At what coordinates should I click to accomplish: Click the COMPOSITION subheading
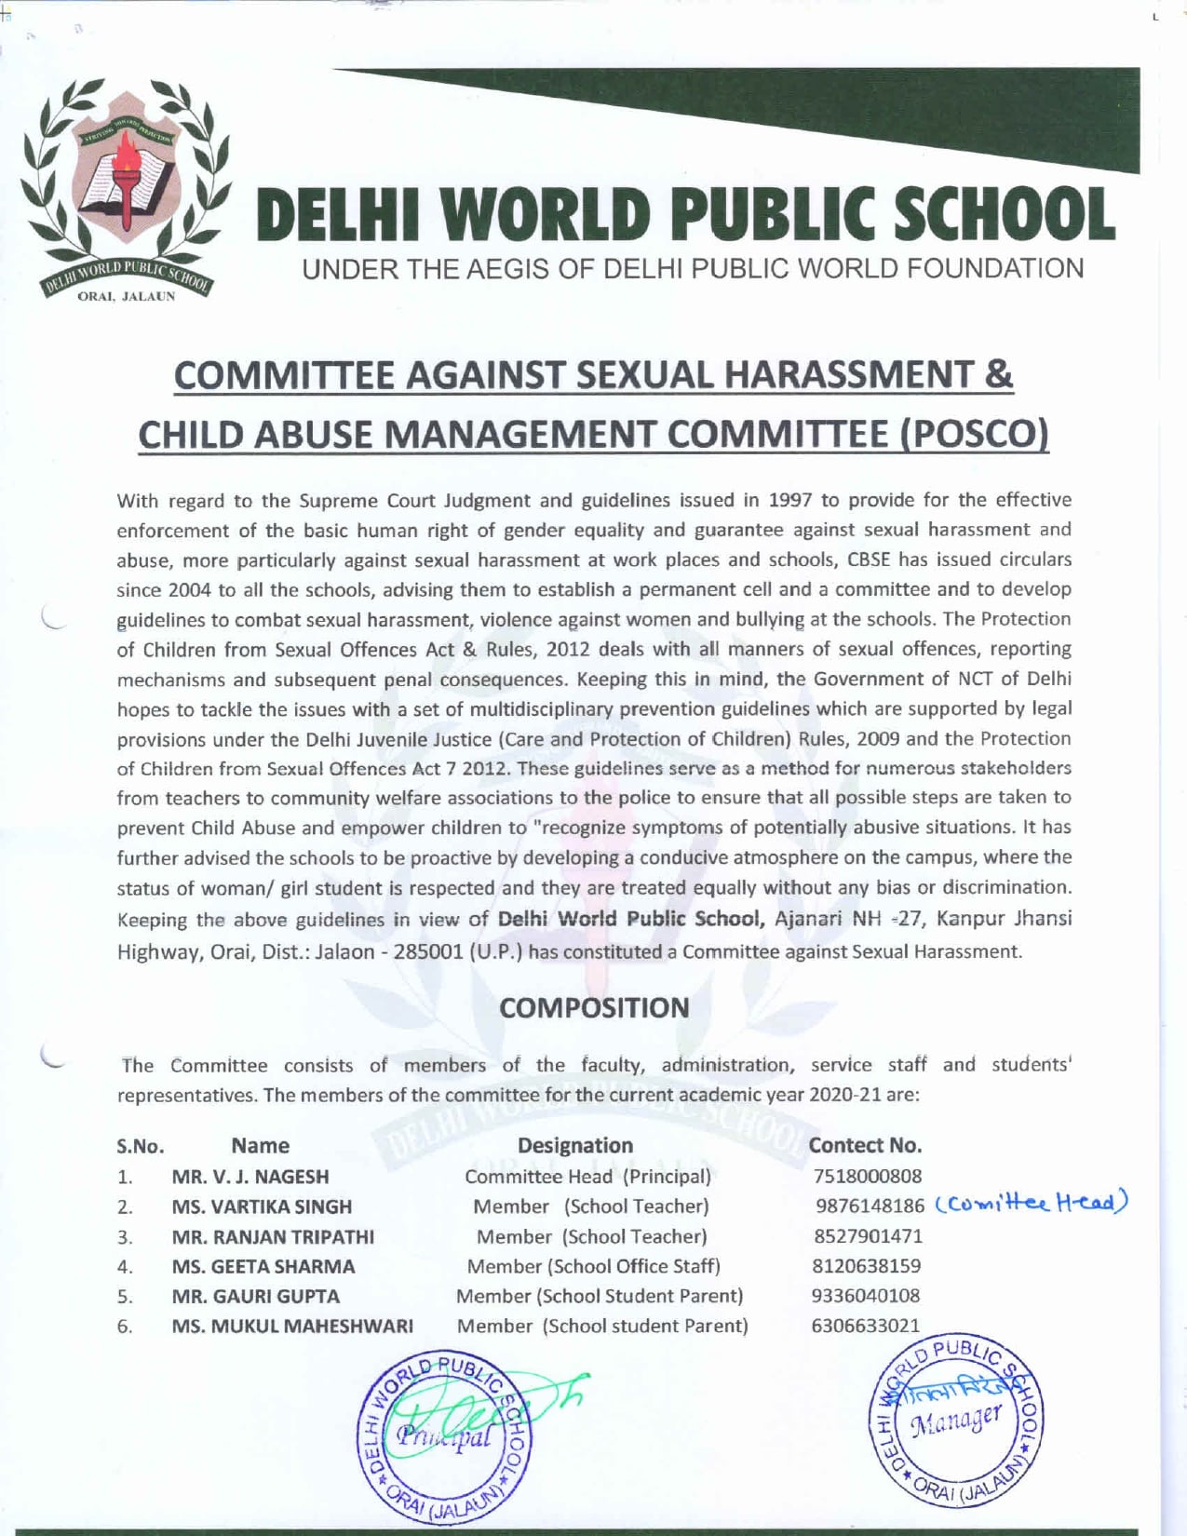pyautogui.click(x=594, y=1007)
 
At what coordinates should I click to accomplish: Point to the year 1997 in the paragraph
pyautogui.click(x=790, y=500)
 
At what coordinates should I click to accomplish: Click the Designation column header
pyautogui.click(x=574, y=1145)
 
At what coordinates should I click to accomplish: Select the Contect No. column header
pyautogui.click(x=865, y=1145)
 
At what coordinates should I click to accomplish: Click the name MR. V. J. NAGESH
pyautogui.click(x=250, y=1177)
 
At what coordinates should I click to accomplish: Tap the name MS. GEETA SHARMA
pyautogui.click(x=263, y=1266)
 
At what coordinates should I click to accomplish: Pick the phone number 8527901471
pyautogui.click(x=867, y=1236)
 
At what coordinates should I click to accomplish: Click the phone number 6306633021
pyautogui.click(x=865, y=1325)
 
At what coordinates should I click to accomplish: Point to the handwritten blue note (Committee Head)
pyautogui.click(x=1031, y=1203)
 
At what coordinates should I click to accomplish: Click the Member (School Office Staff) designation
pyautogui.click(x=593, y=1266)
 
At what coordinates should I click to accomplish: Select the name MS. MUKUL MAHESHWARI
pyautogui.click(x=292, y=1326)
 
